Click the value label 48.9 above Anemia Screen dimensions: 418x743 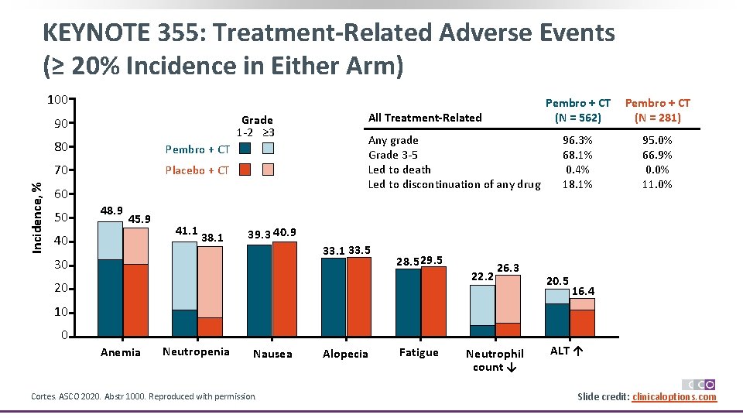pos(111,211)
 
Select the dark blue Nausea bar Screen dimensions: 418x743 pos(259,290)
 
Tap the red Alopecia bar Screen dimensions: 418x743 pos(359,296)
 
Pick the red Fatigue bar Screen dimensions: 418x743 pos(433,302)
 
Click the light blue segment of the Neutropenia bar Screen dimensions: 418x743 pos(184,276)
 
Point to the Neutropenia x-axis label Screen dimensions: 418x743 pos(196,352)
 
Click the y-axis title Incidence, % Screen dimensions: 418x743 pos(36,217)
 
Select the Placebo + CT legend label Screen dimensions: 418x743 pos(197,170)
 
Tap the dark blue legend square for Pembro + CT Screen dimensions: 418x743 pos(245,149)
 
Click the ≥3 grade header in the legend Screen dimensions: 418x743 pos(269,132)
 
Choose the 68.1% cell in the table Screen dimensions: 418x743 pos(577,155)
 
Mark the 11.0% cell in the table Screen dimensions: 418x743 pos(658,184)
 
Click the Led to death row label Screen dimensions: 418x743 pos(399,170)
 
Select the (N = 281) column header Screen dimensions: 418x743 pos(657,118)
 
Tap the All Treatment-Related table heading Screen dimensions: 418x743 pos(425,118)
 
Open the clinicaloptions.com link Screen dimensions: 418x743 pos(674,397)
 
